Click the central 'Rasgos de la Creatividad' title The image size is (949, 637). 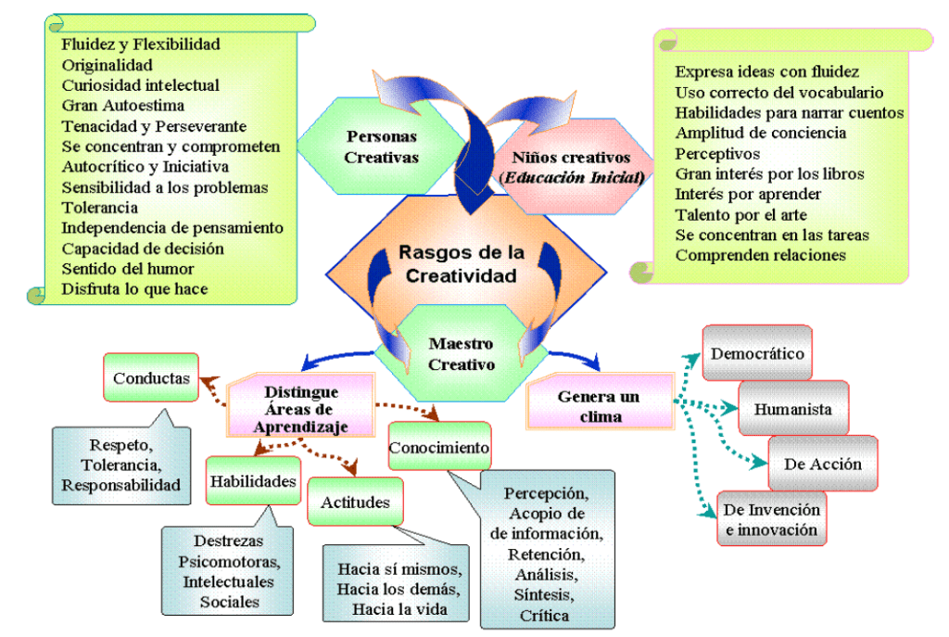click(462, 263)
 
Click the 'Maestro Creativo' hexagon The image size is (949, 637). click(462, 353)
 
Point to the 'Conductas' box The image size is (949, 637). click(151, 377)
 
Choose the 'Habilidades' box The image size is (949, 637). click(252, 480)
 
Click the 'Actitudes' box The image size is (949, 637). click(355, 502)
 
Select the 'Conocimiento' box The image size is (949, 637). click(438, 448)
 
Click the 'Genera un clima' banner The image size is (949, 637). click(598, 406)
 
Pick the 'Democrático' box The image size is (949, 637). click(757, 353)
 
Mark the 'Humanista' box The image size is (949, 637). click(792, 408)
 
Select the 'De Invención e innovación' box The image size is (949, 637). click(771, 519)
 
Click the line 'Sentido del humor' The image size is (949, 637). click(127, 269)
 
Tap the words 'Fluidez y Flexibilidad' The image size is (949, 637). click(140, 44)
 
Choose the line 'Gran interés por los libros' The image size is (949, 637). click(769, 172)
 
